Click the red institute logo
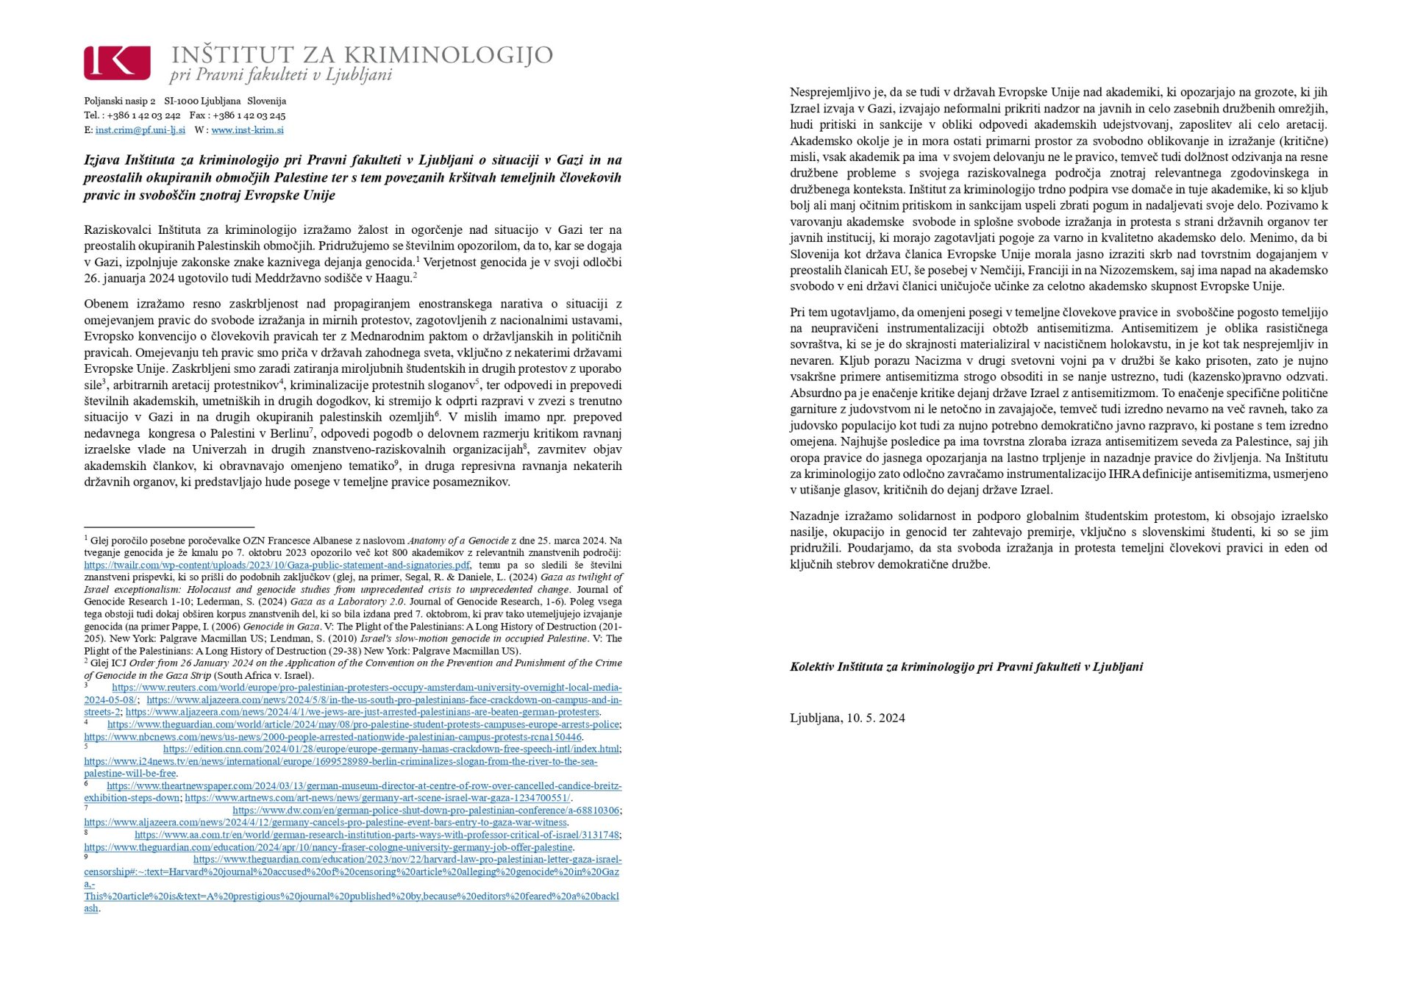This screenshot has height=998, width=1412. click(x=117, y=63)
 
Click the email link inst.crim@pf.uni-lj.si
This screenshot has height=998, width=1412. click(x=140, y=130)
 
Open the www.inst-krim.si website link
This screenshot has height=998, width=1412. click(x=247, y=130)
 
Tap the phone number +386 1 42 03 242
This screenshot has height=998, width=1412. click(x=143, y=115)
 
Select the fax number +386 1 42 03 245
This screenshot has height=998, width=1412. click(x=247, y=115)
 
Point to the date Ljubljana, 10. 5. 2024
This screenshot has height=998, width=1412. click(x=847, y=718)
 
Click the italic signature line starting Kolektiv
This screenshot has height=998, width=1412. click(x=966, y=667)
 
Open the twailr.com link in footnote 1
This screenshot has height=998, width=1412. click(x=277, y=566)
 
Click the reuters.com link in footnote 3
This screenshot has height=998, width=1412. click(x=366, y=688)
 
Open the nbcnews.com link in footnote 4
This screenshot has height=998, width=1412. click(x=332, y=737)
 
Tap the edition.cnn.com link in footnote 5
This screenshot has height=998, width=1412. click(x=391, y=749)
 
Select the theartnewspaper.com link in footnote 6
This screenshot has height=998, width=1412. click(x=364, y=786)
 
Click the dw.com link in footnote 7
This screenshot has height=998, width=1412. click(x=426, y=810)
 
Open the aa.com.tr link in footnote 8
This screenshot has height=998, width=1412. click(x=377, y=835)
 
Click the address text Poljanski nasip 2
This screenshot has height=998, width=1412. click(x=119, y=101)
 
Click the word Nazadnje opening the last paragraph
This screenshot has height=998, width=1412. click(x=815, y=516)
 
